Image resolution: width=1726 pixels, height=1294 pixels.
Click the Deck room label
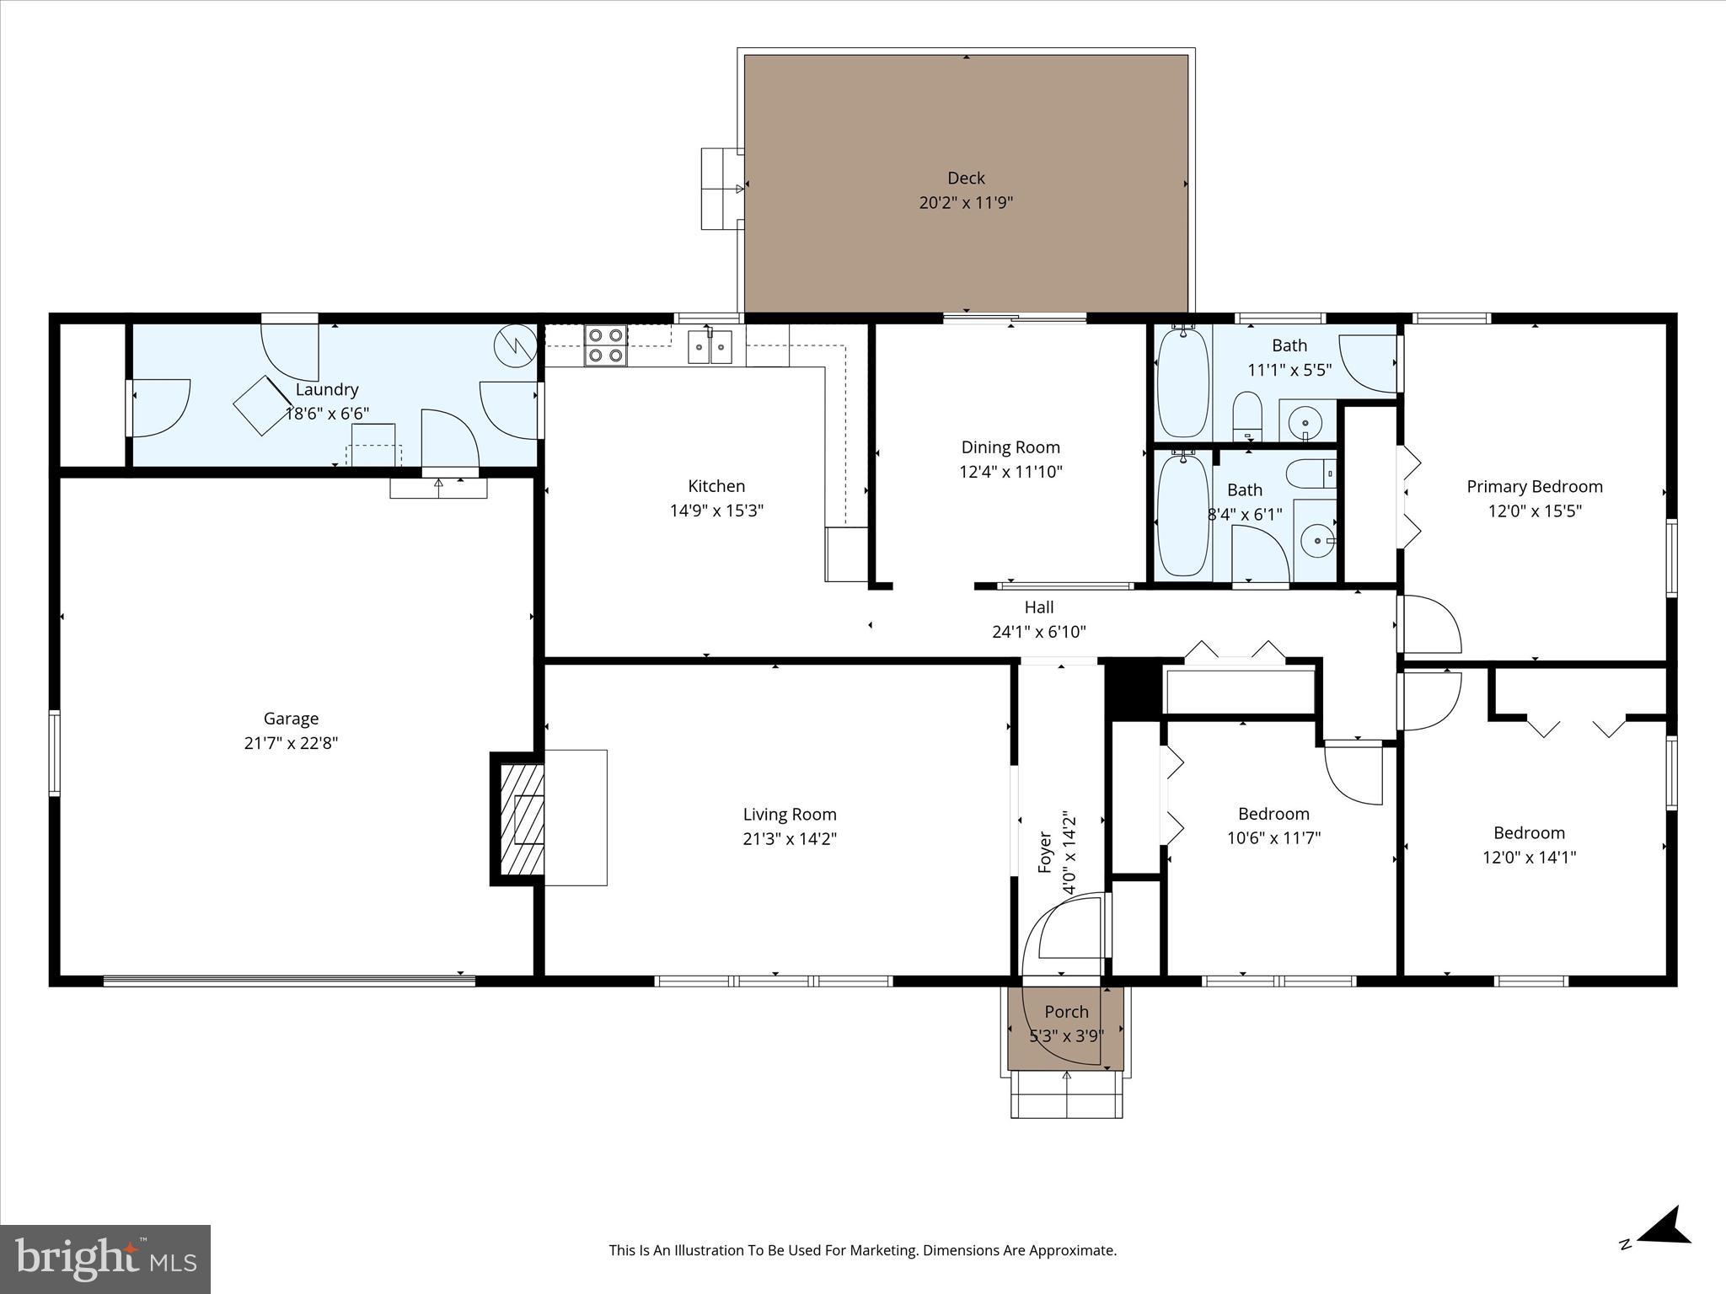pyautogui.click(x=966, y=178)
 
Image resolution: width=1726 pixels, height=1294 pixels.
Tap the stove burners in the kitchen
pyautogui.click(x=606, y=345)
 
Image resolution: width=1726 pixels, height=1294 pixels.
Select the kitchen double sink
pyautogui.click(x=710, y=346)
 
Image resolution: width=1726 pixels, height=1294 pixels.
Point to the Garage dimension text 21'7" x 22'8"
pyautogui.click(x=291, y=743)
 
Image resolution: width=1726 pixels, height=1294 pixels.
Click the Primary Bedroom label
pyautogui.click(x=1534, y=486)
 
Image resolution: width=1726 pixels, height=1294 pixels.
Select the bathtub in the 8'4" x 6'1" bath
pyautogui.click(x=1183, y=515)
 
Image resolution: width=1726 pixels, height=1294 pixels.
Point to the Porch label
pyautogui.click(x=1066, y=1012)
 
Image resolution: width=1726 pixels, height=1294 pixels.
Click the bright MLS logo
pyautogui.click(x=105, y=1259)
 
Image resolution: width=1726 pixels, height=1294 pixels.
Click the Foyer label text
pyautogui.click(x=1045, y=852)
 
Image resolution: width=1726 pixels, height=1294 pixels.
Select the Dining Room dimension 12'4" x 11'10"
pyautogui.click(x=1010, y=472)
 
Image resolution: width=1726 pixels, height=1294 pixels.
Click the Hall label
pyautogui.click(x=1039, y=607)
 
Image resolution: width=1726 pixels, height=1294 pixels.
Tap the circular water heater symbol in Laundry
pyautogui.click(x=515, y=345)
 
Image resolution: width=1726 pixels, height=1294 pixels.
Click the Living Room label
pyautogui.click(x=790, y=814)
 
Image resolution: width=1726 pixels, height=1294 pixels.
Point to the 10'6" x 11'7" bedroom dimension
pyautogui.click(x=1273, y=838)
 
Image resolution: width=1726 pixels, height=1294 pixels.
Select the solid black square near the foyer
pyautogui.click(x=1133, y=687)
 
